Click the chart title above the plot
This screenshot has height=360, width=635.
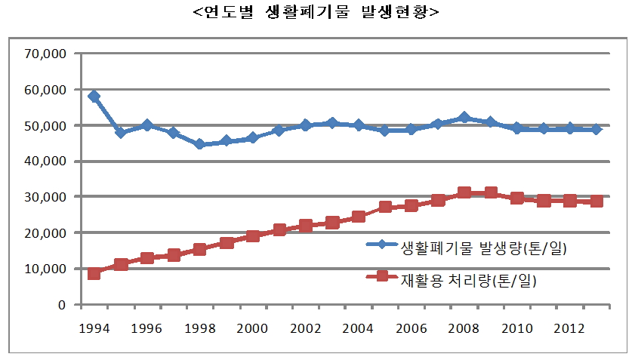[x=316, y=13]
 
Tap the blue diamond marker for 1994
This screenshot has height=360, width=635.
[x=94, y=97]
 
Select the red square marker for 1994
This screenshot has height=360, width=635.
[x=94, y=273]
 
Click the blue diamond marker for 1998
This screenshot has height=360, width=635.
[x=199, y=144]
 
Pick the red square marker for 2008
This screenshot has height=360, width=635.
[x=464, y=193]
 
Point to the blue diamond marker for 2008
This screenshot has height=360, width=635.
[x=464, y=118]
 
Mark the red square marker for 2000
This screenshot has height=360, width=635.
[x=253, y=235]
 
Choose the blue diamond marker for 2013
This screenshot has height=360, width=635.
[x=596, y=129]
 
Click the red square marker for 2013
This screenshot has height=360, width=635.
[x=596, y=202]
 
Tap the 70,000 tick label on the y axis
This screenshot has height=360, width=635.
[x=47, y=54]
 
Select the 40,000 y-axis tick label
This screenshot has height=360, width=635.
[x=47, y=162]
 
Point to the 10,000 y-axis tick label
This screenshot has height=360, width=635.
[x=47, y=269]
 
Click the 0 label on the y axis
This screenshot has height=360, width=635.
[x=63, y=305]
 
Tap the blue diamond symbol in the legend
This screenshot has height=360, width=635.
[x=382, y=245]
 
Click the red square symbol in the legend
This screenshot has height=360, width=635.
[x=382, y=276]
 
